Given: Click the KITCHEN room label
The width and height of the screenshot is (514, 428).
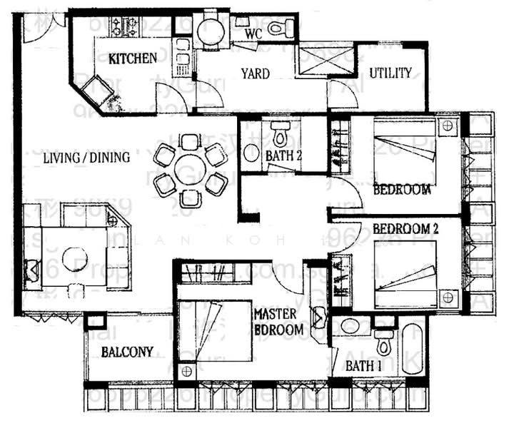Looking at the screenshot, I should [x=132, y=58].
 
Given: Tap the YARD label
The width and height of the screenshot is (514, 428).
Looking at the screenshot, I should [x=255, y=73].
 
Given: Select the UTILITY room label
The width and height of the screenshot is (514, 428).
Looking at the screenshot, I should [x=390, y=73].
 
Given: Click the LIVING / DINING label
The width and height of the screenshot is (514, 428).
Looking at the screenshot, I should [x=86, y=158].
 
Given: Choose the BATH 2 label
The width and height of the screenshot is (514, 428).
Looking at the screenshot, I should [x=287, y=156].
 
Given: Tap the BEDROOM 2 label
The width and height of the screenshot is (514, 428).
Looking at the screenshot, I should [x=406, y=230].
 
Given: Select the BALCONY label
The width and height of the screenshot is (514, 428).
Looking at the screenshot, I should [x=127, y=352].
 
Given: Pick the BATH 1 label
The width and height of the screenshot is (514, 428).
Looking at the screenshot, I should [x=365, y=366].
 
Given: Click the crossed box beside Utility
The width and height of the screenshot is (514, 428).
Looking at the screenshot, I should [x=326, y=61].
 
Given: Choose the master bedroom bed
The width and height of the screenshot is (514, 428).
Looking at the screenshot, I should [x=214, y=331].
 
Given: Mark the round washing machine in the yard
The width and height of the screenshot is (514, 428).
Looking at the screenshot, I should [x=210, y=31].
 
